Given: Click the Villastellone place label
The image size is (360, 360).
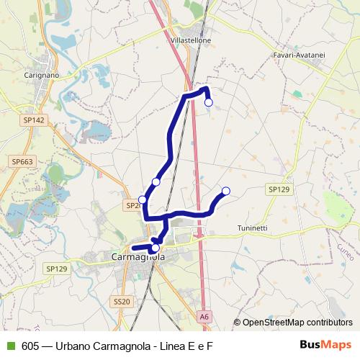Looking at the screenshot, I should coord(191,41).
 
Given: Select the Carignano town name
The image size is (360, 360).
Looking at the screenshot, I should coord(42,75).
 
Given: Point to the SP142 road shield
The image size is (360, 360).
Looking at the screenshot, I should coord(33,120).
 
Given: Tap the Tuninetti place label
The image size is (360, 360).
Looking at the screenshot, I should coord(252,228).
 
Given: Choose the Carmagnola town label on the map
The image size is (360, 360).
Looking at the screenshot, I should coord(138,256).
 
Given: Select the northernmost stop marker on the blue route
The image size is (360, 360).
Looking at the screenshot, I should coord(209,102).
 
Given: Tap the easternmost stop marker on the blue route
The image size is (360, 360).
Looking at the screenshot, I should coord(225,191).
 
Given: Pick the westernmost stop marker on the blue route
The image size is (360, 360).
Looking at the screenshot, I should coord(143,199).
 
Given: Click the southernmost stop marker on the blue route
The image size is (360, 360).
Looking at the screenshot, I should coord(156,248).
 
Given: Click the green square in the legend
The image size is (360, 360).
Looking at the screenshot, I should coord(10,346).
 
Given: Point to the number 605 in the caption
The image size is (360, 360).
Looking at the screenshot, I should coord(30,346).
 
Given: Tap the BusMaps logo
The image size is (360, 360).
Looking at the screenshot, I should coord(325,345).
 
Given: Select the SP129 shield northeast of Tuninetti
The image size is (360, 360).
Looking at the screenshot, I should coord(279,189).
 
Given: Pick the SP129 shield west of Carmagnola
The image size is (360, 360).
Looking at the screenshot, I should coord(56,269).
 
